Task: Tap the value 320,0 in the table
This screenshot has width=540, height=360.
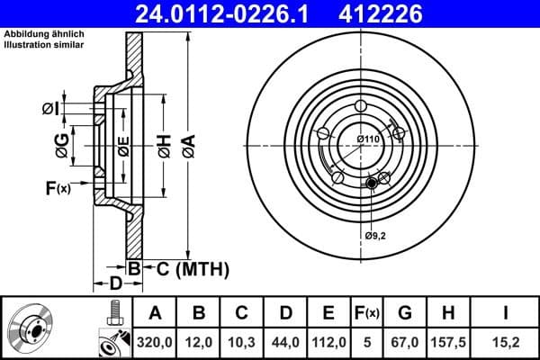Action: (x=155, y=342)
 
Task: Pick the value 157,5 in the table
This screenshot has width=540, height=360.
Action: (x=449, y=342)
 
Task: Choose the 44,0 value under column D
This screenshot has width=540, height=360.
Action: (x=286, y=342)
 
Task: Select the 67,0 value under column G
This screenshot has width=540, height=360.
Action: (x=405, y=342)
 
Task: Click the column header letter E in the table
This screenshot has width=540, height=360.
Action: (x=329, y=313)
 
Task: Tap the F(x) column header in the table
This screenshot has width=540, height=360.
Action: (x=367, y=313)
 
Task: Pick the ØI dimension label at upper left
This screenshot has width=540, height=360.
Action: (x=51, y=109)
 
